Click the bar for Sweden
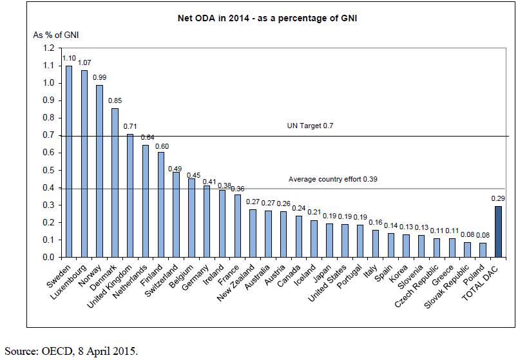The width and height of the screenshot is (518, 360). [69, 161]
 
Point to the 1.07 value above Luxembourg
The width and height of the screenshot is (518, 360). [84, 62]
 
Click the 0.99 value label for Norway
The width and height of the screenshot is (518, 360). [100, 77]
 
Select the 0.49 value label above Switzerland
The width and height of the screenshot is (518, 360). [175, 168]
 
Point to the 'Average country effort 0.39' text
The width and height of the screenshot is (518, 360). [331, 179]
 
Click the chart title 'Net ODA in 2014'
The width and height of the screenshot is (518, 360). [267, 19]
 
